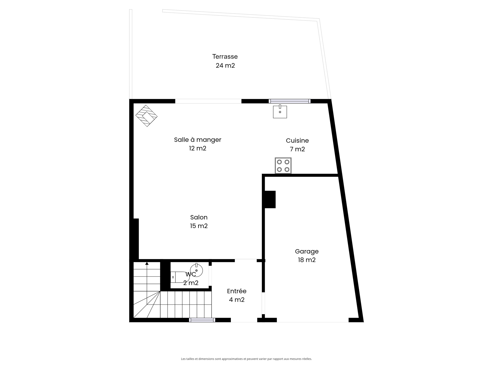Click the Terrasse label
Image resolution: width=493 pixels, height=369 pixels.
(x=225, y=56)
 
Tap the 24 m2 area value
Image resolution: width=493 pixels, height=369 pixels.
(x=225, y=66)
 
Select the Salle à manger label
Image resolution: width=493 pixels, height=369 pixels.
(x=197, y=140)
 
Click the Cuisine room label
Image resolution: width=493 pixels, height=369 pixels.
(x=297, y=140)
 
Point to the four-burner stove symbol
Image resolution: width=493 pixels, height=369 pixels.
(x=283, y=166)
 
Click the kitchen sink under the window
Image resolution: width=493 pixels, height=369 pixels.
(x=280, y=112)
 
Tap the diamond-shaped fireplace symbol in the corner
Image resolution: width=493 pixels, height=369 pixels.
(x=146, y=116)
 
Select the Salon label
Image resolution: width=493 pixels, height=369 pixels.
(x=199, y=217)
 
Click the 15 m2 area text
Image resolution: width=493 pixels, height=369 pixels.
(x=199, y=226)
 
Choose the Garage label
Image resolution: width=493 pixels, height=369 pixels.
(x=307, y=251)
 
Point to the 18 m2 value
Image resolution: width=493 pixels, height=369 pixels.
(x=307, y=260)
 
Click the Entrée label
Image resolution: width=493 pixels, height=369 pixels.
(x=236, y=291)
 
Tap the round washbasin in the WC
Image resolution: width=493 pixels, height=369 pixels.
(x=197, y=270)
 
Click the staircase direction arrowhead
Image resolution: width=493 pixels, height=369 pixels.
(x=147, y=263)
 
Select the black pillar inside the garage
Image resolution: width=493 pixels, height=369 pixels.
(x=270, y=199)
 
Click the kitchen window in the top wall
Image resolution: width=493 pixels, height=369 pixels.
(x=289, y=101)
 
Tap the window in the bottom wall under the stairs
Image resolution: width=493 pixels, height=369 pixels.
(x=202, y=320)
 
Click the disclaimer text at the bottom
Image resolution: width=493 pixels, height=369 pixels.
(x=246, y=359)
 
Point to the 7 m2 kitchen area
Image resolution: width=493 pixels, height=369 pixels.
(x=297, y=149)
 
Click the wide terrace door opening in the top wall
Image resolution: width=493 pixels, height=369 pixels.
(x=208, y=101)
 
